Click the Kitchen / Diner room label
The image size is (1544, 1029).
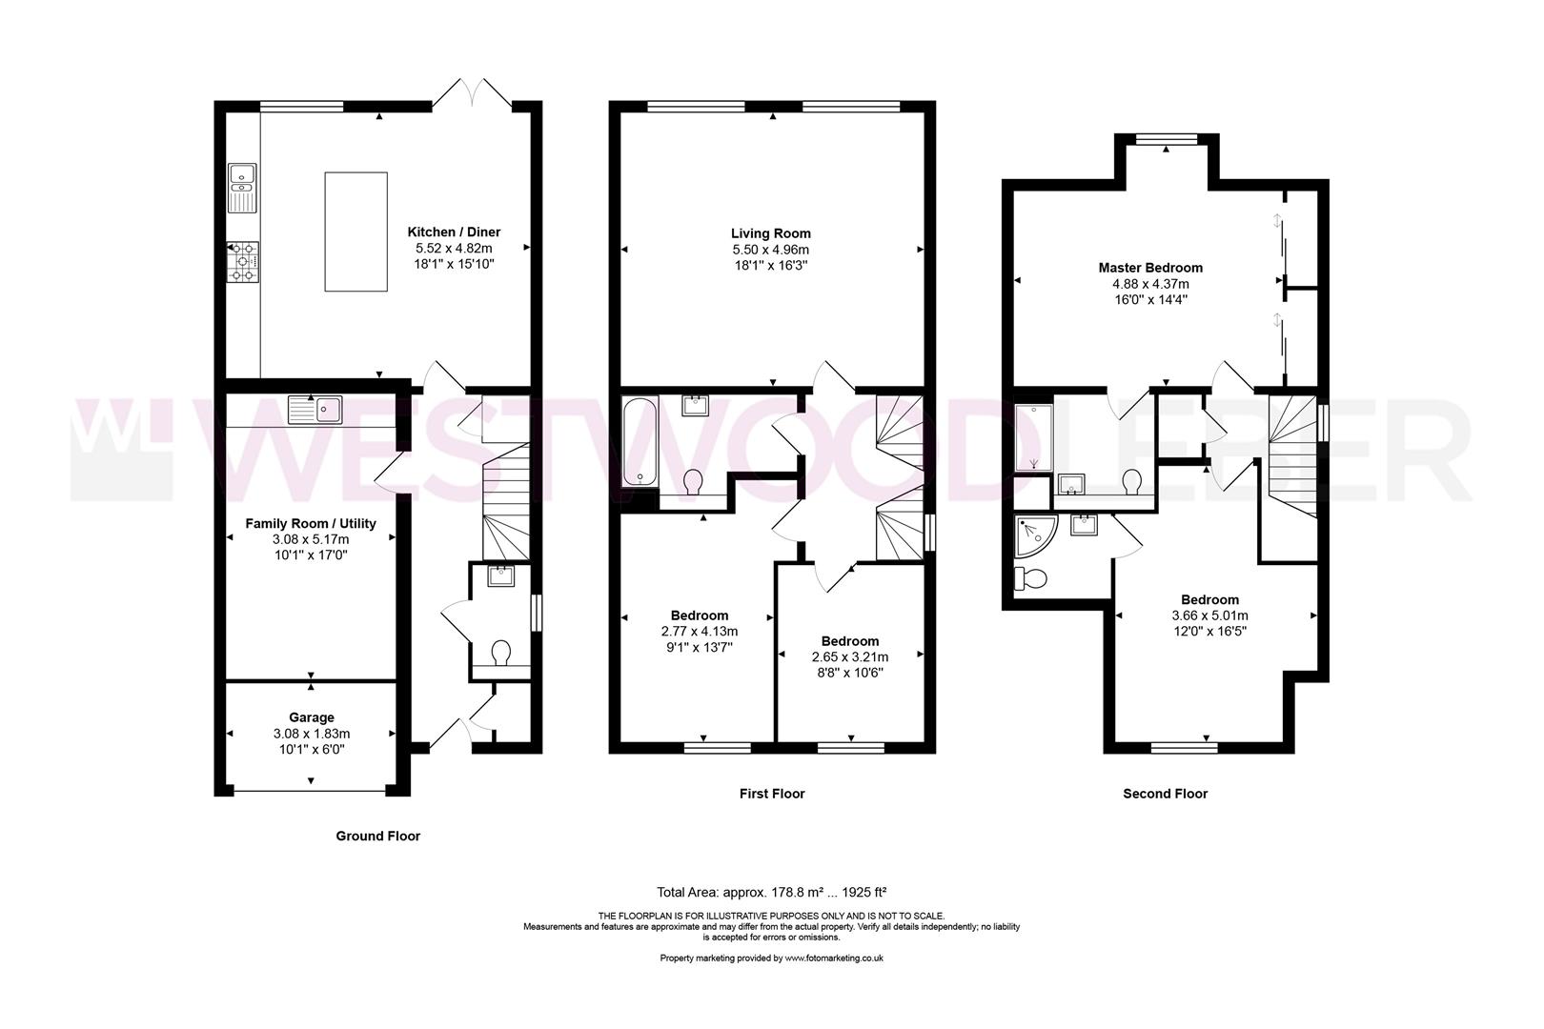454,232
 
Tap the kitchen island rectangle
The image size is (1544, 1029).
356,232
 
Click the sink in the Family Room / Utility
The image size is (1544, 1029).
315,410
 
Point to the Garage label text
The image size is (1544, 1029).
312,717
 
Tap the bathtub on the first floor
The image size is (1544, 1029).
635,443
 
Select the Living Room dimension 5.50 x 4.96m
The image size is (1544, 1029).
771,250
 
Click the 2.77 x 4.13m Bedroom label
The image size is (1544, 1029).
700,615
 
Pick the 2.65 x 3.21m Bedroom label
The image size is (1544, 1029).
850,641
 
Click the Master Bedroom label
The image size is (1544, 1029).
1150,268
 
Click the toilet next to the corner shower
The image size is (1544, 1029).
1031,578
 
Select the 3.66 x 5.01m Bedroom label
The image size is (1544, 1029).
1209,599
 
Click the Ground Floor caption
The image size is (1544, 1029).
377,836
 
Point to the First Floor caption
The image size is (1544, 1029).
772,793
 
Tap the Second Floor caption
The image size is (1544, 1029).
1165,793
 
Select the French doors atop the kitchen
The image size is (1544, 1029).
474,92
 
